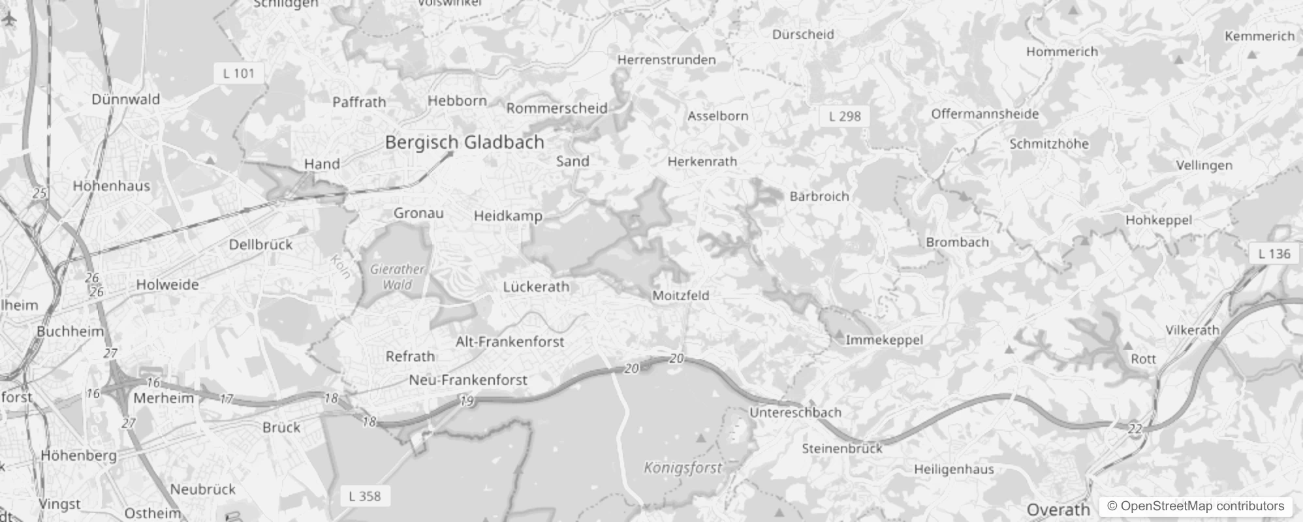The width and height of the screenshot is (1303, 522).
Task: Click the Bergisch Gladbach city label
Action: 464,142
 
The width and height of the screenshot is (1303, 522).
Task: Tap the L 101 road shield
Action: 238,73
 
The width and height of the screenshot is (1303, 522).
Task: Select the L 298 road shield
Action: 845,116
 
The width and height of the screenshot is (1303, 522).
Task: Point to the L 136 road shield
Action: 1274,254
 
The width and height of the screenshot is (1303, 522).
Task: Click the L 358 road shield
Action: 364,496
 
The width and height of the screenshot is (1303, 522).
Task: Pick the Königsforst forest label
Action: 683,467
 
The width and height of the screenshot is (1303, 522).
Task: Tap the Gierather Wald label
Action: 397,277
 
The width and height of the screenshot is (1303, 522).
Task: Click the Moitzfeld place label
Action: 680,296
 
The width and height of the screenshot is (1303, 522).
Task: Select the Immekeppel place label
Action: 884,340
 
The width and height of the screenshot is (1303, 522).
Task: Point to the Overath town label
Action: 1058,510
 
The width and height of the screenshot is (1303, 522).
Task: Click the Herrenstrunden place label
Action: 667,60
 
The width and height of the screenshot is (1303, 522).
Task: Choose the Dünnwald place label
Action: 125,99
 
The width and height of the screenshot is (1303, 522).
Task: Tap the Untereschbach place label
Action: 795,412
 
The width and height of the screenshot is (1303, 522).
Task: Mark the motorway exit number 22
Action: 1135,429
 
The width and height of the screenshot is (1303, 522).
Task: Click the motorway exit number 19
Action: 466,401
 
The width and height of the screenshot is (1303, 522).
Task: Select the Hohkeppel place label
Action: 1158,221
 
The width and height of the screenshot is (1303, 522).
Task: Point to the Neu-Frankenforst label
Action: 467,380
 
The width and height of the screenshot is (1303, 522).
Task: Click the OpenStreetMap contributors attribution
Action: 1195,506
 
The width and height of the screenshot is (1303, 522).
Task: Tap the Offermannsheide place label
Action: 984,114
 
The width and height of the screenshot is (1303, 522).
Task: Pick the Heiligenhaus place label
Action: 954,469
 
